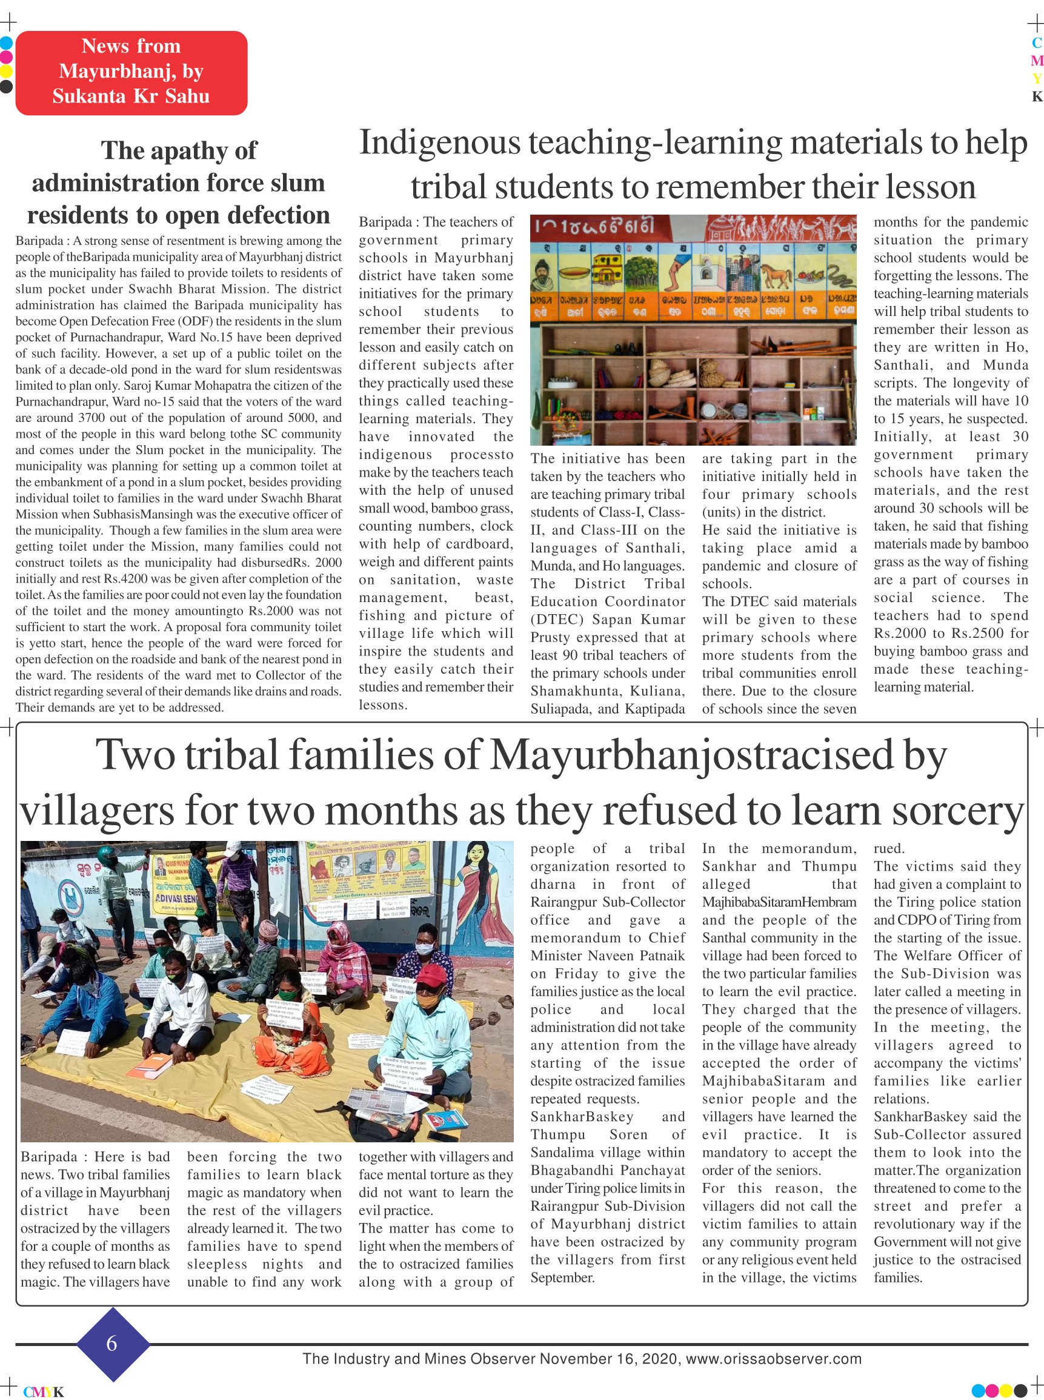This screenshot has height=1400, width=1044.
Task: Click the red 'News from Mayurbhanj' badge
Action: (x=131, y=73)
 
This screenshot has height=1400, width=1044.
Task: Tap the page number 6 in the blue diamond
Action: (x=112, y=1343)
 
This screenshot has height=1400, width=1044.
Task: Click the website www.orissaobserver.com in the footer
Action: (x=774, y=1359)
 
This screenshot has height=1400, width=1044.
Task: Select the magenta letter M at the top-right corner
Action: (x=1036, y=61)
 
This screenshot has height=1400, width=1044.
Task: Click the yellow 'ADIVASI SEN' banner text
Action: (x=179, y=897)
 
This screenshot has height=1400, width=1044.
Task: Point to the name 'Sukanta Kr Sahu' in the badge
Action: (x=131, y=96)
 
